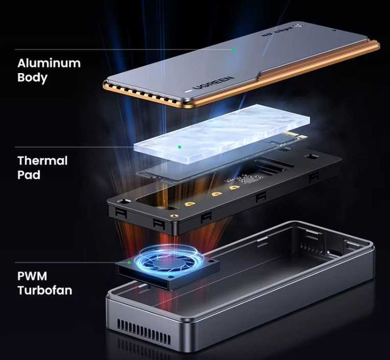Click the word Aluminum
(x=49, y=63)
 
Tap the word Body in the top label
(x=32, y=78)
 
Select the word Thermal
(x=43, y=160)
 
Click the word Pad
(x=29, y=175)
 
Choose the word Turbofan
(x=45, y=290)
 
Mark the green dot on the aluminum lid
(x=233, y=49)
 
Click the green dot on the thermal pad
(x=179, y=147)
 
